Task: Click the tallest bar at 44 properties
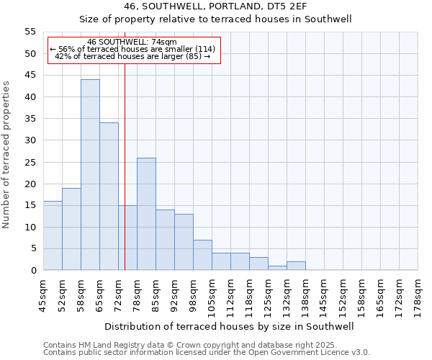(90, 175)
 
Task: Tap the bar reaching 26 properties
(146, 214)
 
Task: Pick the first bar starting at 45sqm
(53, 235)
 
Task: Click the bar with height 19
(71, 229)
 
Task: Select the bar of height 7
(202, 255)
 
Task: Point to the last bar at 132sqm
(296, 266)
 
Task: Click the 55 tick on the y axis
(30, 32)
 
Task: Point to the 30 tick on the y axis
(30, 140)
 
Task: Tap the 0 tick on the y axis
(33, 271)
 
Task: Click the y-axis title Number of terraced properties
(6, 154)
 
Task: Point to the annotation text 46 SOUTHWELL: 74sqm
(131, 42)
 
